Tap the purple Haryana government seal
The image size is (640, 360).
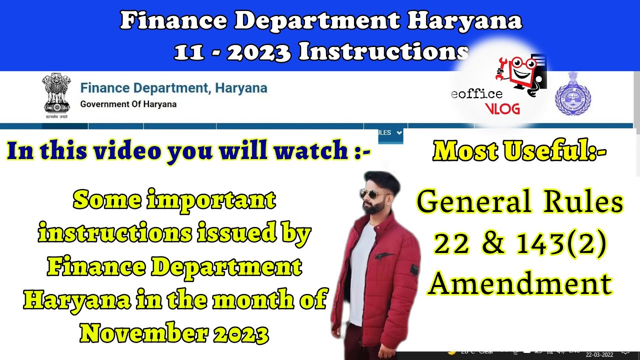(x=572, y=94)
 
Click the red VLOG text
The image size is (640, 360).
(x=502, y=108)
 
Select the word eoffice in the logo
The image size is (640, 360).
(x=476, y=94)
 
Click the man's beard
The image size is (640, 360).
(x=373, y=207)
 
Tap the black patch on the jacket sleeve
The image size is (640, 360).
(x=414, y=270)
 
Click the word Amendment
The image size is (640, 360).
(x=520, y=283)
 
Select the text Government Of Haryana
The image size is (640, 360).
(x=128, y=104)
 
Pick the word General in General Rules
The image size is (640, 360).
(x=466, y=202)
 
